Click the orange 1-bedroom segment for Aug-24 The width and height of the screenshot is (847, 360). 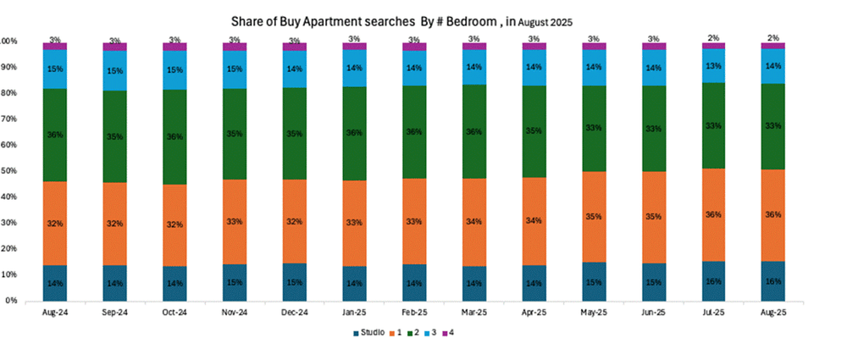pos(54,224)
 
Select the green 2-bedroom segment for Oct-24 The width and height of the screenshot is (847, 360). pos(174,137)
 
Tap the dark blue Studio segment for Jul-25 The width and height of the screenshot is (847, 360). pos(713,281)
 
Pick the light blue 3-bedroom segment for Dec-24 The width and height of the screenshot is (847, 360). pos(295,69)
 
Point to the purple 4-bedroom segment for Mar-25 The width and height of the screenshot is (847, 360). pos(474,47)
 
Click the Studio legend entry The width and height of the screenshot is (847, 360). pos(369,333)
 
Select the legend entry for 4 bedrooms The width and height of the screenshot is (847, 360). pos(448,333)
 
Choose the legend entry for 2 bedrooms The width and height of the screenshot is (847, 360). pos(413,333)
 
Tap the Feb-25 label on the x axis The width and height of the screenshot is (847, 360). pos(414,313)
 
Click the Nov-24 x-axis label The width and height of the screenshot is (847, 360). pos(235,313)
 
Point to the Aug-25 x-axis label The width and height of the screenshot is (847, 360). pos(773,313)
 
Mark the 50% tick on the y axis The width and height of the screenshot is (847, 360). pos(9,171)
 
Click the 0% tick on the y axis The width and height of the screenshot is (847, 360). pos(11,301)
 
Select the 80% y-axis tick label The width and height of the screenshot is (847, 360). pos(9,93)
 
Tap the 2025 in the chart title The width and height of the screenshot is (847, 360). pos(562,23)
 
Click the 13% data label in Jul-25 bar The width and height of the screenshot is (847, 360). pos(713,66)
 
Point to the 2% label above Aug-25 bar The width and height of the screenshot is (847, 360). pos(773,38)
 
